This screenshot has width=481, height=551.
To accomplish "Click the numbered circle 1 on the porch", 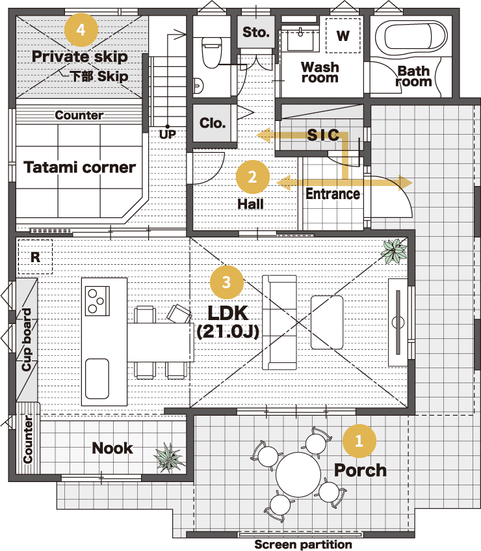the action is (x=359, y=440).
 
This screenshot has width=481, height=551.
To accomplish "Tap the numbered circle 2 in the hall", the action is (x=252, y=177).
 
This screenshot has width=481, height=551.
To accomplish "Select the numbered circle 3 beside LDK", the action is (x=226, y=282).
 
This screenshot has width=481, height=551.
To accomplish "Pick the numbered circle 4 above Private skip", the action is (x=81, y=30).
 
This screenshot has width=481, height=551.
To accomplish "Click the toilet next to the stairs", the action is (x=212, y=52).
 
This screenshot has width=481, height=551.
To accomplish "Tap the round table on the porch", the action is (x=298, y=474).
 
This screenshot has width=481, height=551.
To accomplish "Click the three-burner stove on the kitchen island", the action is (x=97, y=301).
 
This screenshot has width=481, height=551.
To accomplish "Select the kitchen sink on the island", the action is (x=97, y=379).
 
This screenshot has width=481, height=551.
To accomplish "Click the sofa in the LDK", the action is (x=279, y=323).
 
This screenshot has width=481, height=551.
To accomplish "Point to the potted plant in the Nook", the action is (x=169, y=457).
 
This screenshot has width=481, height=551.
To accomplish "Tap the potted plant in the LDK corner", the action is (x=395, y=251).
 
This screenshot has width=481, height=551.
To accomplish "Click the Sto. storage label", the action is (x=256, y=33).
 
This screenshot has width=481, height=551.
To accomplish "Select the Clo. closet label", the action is (x=213, y=123).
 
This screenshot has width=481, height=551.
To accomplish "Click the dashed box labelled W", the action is (x=343, y=36).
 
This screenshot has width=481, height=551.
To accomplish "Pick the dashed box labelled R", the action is (x=35, y=257).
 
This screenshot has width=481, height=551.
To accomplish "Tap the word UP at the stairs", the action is (x=168, y=134).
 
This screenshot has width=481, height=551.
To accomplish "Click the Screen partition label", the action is (x=303, y=544).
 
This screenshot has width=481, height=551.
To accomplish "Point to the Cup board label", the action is (x=27, y=340).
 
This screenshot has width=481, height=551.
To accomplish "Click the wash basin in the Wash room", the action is (x=300, y=41).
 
